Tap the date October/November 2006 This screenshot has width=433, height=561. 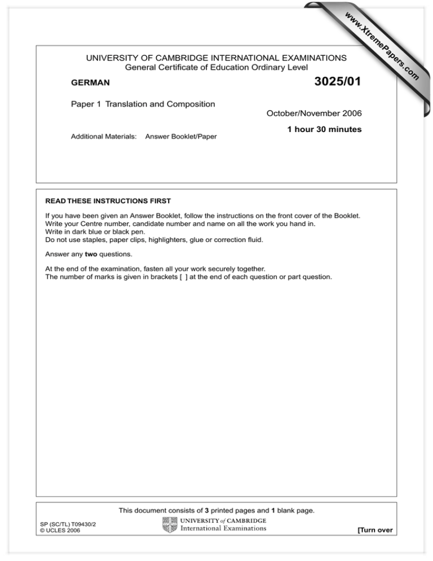pyautogui.click(x=314, y=114)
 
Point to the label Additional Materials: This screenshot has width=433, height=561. pyautogui.click(x=104, y=137)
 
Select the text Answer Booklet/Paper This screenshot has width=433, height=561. pyautogui.click(x=181, y=137)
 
